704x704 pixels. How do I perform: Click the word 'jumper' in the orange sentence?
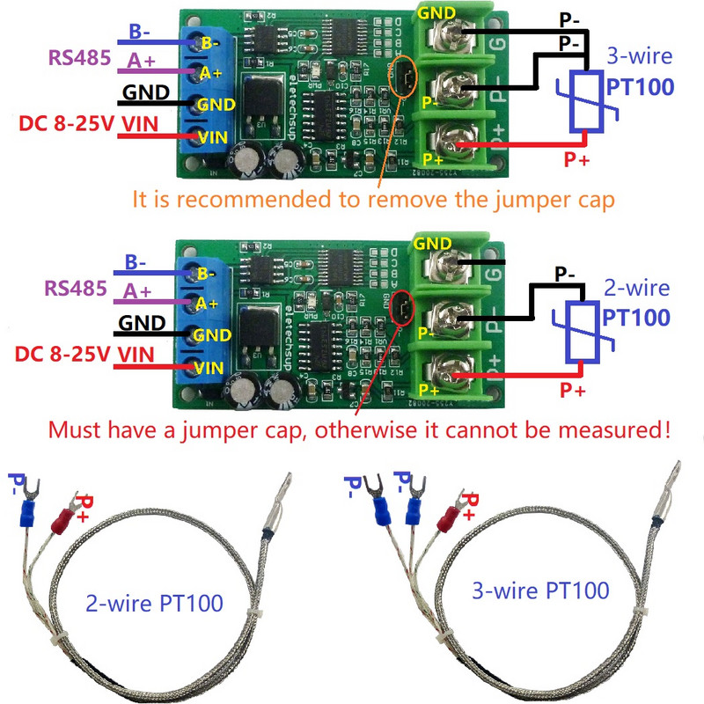(488, 198)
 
